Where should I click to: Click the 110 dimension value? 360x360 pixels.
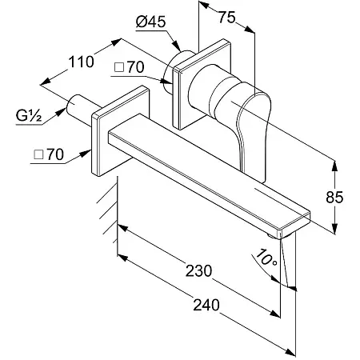(82, 62)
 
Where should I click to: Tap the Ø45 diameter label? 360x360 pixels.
(150, 22)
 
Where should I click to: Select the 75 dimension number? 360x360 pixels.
(227, 18)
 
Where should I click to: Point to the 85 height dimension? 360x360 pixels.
(334, 198)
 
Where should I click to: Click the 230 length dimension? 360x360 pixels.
(198, 270)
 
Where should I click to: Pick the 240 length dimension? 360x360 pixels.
(206, 305)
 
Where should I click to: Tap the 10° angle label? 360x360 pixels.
(266, 257)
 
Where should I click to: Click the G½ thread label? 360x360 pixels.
(29, 115)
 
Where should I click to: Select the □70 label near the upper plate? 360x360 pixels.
(130, 67)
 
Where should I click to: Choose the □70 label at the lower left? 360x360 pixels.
(49, 154)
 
